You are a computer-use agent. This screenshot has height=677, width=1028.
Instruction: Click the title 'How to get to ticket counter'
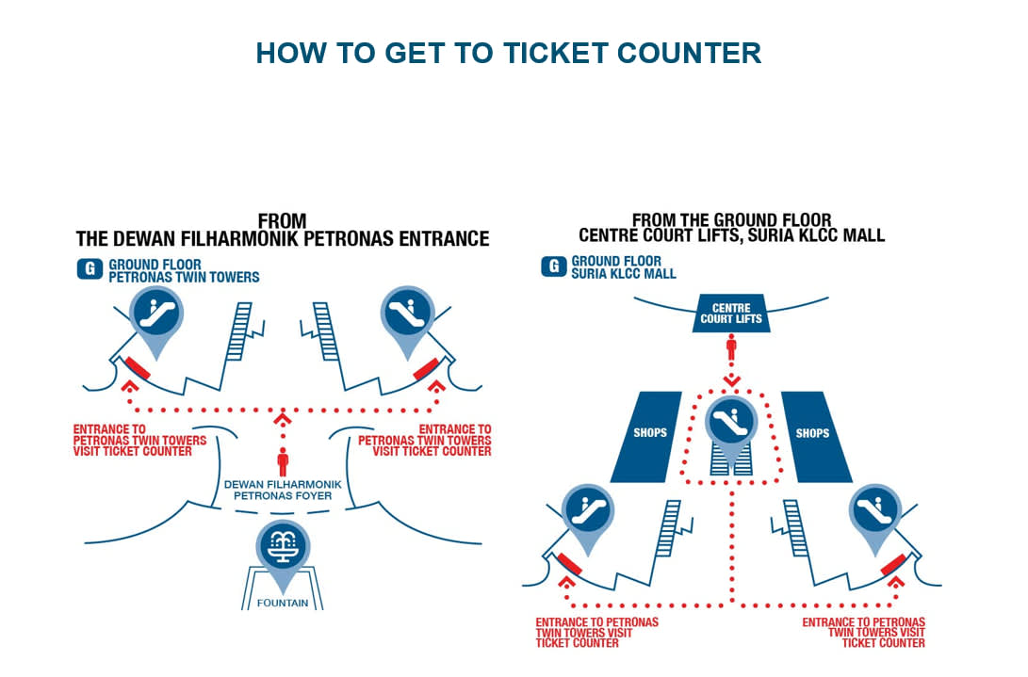click(508, 53)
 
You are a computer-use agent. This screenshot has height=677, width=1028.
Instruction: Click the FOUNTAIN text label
click(282, 603)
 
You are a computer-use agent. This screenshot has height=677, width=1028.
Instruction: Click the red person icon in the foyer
click(283, 461)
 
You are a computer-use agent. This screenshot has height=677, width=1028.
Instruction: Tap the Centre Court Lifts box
click(730, 314)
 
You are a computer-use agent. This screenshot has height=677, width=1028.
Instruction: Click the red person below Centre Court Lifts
click(730, 349)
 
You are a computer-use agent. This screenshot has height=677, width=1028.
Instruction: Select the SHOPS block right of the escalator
click(811, 433)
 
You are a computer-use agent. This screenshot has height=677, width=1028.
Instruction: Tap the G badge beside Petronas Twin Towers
click(90, 270)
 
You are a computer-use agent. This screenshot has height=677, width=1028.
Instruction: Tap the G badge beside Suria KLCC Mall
click(553, 266)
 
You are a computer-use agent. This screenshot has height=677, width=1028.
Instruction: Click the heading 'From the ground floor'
click(731, 227)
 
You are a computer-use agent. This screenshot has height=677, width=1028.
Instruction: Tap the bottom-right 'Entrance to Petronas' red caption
click(863, 633)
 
